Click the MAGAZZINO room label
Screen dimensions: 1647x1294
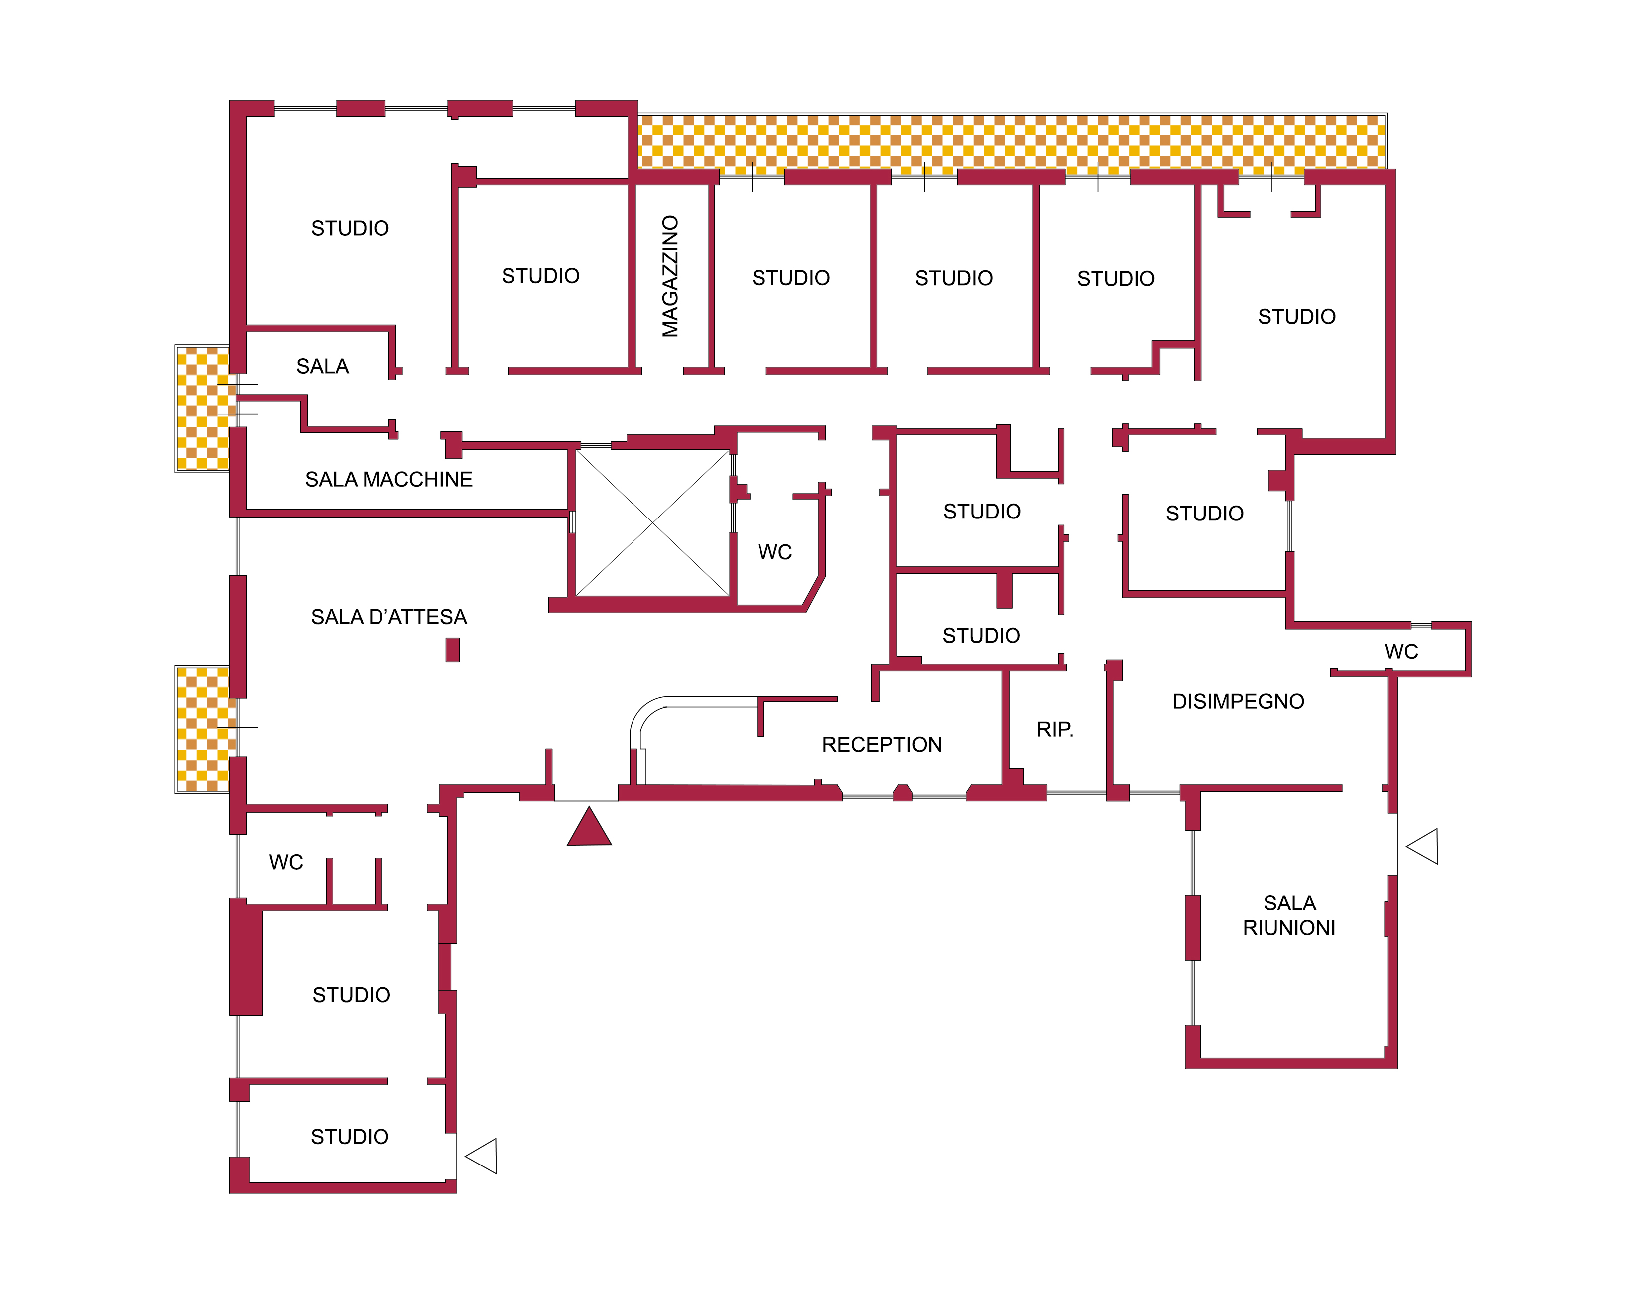pyautogui.click(x=670, y=276)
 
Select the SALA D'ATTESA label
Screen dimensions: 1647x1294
pyautogui.click(x=388, y=617)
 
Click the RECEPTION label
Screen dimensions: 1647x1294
pyautogui.click(x=882, y=745)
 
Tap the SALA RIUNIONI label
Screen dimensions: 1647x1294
pyautogui.click(x=1289, y=915)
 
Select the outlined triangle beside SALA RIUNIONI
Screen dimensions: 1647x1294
pyautogui.click(x=1423, y=846)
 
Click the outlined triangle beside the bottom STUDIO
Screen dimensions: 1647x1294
pyautogui.click(x=481, y=1156)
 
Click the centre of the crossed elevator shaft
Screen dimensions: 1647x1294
pyautogui.click(x=652, y=523)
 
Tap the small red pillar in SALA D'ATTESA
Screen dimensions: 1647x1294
pyautogui.click(x=452, y=650)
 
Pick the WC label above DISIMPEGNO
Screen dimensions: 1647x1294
pyautogui.click(x=1401, y=651)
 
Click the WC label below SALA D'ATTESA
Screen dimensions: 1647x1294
pyautogui.click(x=285, y=862)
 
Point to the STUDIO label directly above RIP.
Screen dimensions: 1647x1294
pyautogui.click(x=981, y=636)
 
